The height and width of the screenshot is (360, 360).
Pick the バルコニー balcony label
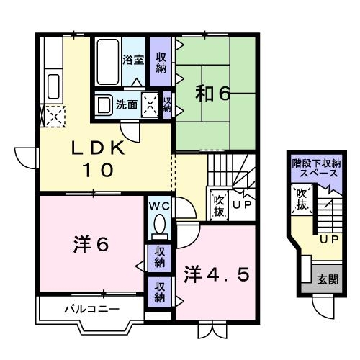coord(84,310)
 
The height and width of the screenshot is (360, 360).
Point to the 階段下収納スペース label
coord(315,168)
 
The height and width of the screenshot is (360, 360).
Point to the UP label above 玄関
coord(329,238)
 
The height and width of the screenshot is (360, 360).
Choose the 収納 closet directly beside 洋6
coord(159,257)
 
